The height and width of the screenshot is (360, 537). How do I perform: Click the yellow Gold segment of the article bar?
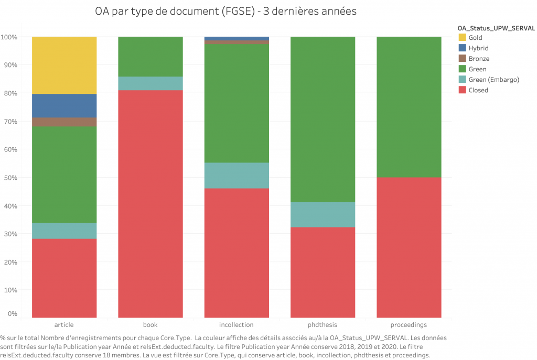point(64,65)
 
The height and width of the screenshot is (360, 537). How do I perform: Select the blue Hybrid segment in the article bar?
point(64,105)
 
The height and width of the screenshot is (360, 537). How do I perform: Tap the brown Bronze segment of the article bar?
point(64,122)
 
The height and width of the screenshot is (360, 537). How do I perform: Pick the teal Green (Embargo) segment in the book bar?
point(151,83)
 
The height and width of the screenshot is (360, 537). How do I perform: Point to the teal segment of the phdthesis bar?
point(323,214)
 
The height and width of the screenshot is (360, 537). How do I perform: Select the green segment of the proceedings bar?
point(409,107)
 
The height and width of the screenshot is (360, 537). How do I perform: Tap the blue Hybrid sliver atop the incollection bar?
point(237,38)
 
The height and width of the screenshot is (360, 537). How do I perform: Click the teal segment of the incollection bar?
point(237,176)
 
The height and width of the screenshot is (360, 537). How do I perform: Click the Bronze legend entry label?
point(479,59)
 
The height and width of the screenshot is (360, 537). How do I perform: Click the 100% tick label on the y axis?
point(9,37)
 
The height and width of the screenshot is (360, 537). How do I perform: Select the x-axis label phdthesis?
point(323,325)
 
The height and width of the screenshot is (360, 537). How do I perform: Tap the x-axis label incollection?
point(237,325)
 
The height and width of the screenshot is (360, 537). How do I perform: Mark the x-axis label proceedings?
point(409,325)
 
